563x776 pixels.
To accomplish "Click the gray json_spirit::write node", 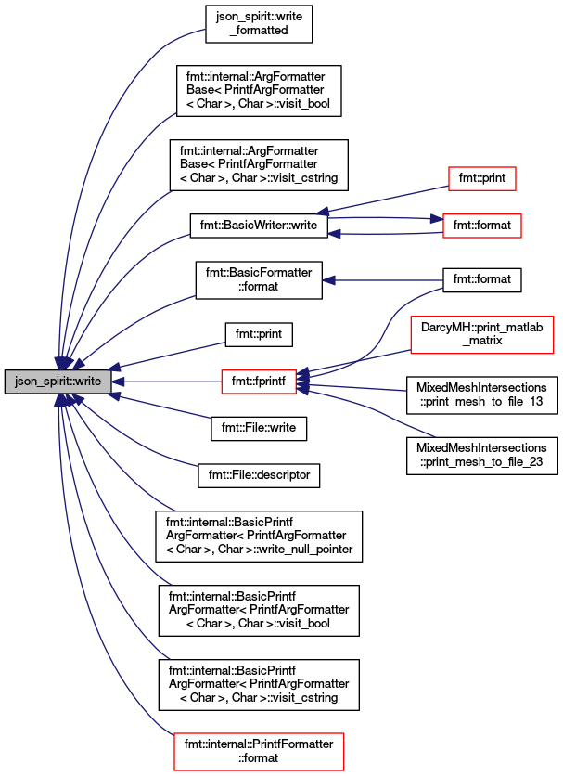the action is pyautogui.click(x=58, y=382).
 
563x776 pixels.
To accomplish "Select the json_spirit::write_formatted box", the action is pyautogui.click(x=259, y=24).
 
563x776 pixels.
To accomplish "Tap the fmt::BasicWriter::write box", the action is pyautogui.click(x=259, y=226).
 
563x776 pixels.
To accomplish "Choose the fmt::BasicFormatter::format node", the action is pyautogui.click(x=259, y=280).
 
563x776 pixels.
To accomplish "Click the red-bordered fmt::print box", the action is pyautogui.click(x=482, y=178).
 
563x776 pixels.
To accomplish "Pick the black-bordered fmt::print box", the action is pyautogui.click(x=259, y=334).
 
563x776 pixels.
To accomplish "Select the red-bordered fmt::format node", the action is pyautogui.click(x=482, y=226).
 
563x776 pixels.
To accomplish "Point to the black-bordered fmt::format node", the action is pyautogui.click(x=482, y=280).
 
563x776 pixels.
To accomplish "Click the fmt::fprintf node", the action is pyautogui.click(x=259, y=382).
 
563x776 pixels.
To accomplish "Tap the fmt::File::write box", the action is pyautogui.click(x=259, y=428).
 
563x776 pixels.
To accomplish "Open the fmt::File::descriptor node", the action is pyautogui.click(x=259, y=475).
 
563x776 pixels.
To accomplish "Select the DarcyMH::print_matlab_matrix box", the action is pyautogui.click(x=482, y=334).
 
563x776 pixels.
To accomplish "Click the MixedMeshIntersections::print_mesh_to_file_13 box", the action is pyautogui.click(x=482, y=394).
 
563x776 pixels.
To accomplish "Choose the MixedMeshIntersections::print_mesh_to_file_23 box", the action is pyautogui.click(x=482, y=456).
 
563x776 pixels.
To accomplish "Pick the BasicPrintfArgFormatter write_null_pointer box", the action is pyautogui.click(x=259, y=537).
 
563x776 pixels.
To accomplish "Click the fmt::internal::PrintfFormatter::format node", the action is pyautogui.click(x=259, y=752).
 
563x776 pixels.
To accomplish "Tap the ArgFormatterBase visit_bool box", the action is pyautogui.click(x=259, y=91).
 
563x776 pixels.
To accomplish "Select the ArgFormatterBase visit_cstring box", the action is pyautogui.click(x=259, y=165).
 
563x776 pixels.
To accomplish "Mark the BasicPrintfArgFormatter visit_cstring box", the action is pyautogui.click(x=259, y=685).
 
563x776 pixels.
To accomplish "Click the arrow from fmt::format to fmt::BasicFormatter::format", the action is pyautogui.click(x=382, y=280).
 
